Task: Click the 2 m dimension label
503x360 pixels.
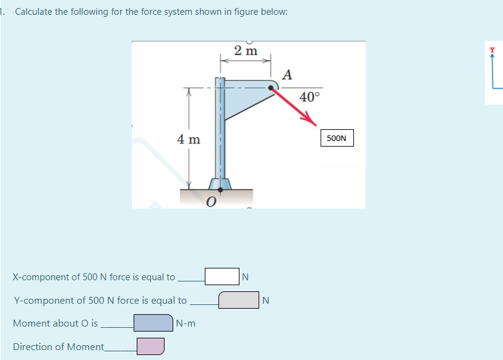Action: click(246, 51)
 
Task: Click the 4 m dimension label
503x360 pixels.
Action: click(189, 139)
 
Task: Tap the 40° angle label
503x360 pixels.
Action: click(309, 96)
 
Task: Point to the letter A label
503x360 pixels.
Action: click(286, 75)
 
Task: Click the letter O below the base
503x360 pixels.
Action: click(211, 202)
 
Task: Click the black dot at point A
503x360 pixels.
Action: click(270, 88)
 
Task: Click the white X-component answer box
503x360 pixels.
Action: click(221, 276)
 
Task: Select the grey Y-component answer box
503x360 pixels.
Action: click(238, 300)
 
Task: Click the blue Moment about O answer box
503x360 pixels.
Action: click(153, 323)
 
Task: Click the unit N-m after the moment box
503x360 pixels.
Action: click(186, 323)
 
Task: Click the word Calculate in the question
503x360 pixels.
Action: click(34, 12)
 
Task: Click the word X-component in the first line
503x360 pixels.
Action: click(39, 277)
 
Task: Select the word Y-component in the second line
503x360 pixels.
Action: click(39, 301)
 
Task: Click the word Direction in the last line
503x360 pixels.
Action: click(32, 347)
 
